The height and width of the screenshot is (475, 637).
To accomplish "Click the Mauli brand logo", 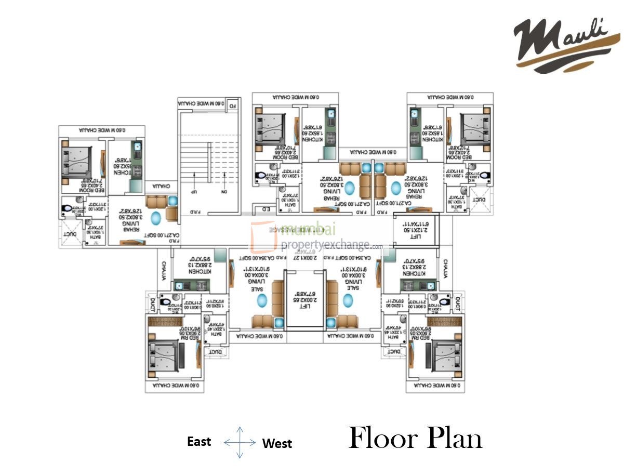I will click(566, 44).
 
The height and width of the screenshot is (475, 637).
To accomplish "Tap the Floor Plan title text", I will click(416, 438).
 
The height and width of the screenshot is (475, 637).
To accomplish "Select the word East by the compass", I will click(199, 442).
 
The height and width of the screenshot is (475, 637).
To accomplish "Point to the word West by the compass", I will click(277, 444).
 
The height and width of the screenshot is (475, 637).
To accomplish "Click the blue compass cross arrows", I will click(240, 442).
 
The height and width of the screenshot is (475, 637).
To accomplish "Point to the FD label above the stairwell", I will click(233, 105).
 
